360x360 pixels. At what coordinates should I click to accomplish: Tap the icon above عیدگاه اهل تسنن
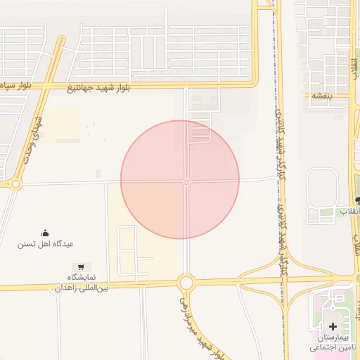[x=46, y=233]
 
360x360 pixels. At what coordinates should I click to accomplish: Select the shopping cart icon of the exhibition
[x=82, y=267]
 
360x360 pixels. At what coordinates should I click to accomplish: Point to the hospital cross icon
[x=333, y=326]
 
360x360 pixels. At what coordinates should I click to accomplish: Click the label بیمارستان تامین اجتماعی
[x=334, y=342]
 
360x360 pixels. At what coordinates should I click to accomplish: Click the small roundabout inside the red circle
[x=186, y=182]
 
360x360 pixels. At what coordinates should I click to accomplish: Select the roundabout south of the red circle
[x=186, y=283]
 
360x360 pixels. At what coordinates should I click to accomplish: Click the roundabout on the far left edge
[x=15, y=184]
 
